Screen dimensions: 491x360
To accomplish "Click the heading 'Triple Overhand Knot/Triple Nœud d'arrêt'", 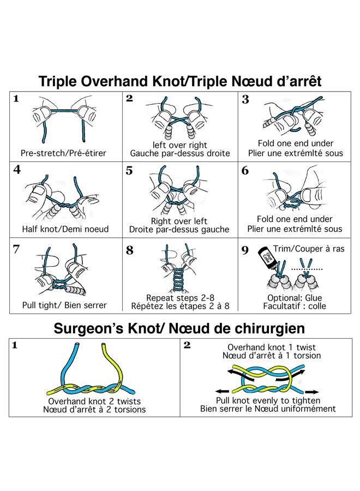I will (180, 81).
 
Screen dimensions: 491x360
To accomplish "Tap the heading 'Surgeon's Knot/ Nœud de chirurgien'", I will (180, 329).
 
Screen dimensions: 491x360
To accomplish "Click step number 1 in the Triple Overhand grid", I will (16, 99).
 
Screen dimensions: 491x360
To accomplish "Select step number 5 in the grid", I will (129, 171).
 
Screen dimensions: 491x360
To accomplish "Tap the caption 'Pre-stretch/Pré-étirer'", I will (64, 153).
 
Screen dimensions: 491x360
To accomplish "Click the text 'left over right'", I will (179, 145).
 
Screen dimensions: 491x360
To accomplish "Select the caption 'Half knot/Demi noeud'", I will (65, 229).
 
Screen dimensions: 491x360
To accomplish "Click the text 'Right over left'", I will (179, 221).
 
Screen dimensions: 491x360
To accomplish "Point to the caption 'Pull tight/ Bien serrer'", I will (65, 305).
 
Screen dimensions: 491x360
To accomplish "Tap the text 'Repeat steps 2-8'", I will (179, 297).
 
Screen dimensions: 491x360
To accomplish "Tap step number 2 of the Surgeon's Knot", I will (187, 345).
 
